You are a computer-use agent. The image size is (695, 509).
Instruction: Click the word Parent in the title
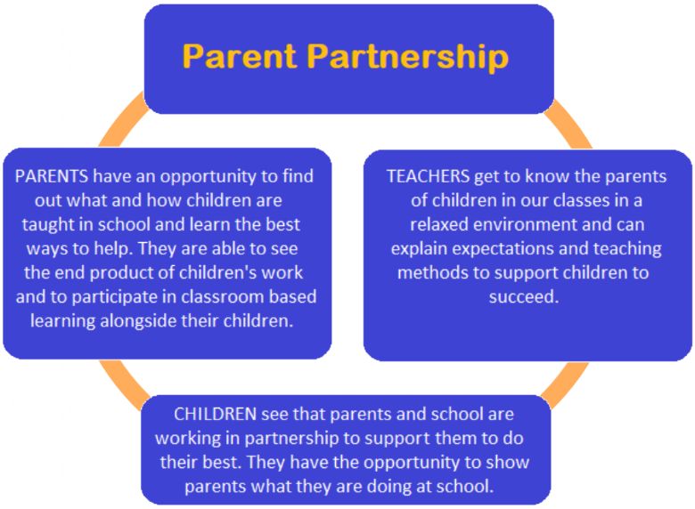(240, 56)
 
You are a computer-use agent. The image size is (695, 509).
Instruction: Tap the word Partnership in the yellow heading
(408, 58)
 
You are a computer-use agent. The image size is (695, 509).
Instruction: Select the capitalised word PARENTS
(52, 176)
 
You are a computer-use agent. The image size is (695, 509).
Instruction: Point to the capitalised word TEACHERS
(428, 176)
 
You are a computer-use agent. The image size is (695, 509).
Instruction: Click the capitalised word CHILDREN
(215, 415)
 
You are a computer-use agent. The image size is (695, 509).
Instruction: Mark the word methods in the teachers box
(432, 272)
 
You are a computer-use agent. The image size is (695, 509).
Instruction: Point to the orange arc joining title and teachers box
(569, 123)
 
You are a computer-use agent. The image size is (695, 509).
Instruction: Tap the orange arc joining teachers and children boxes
(567, 384)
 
